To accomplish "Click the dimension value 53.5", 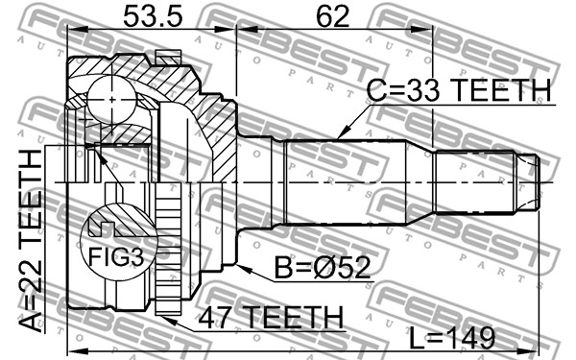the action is coord(153,17).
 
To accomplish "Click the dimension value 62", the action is coord(333,17).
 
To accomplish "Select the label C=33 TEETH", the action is coord(459,90).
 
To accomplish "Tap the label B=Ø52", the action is coord(323,268).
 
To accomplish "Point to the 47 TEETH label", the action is coord(271,317).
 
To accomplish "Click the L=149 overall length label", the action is coord(452,338).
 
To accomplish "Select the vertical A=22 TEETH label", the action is coord(31,241).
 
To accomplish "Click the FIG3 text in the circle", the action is coord(116,256).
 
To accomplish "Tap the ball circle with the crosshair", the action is coord(111,99).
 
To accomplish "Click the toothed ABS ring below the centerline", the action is coord(168,249).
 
